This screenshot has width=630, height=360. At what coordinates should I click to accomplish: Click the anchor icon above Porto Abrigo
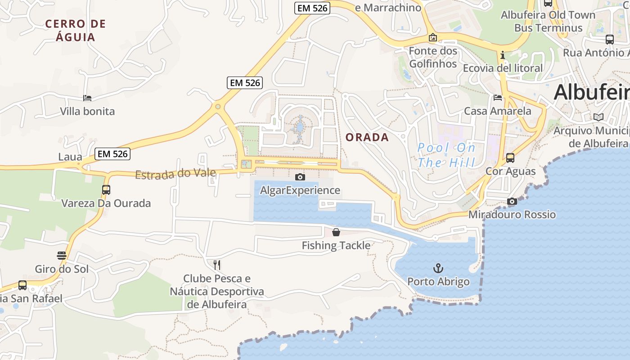pyautogui.click(x=438, y=269)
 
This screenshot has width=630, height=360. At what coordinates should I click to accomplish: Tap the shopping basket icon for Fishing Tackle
pyautogui.click(x=336, y=232)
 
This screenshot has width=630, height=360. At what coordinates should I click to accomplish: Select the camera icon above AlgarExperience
pyautogui.click(x=300, y=177)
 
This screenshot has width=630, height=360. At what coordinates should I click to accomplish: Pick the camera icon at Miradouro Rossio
pyautogui.click(x=512, y=201)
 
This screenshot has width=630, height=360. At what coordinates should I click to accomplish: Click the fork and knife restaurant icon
pyautogui.click(x=217, y=264)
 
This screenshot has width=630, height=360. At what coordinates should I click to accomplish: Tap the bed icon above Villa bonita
pyautogui.click(x=87, y=98)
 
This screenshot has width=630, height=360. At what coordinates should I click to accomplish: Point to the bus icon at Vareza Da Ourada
pyautogui.click(x=106, y=190)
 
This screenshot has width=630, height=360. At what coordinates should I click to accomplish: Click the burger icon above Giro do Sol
pyautogui.click(x=62, y=256)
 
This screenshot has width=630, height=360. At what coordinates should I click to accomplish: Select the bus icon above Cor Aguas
pyautogui.click(x=510, y=158)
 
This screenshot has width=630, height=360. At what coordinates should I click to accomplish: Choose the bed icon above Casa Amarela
pyautogui.click(x=498, y=97)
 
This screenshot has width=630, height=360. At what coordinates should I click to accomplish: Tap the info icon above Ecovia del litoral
pyautogui.click(x=503, y=55)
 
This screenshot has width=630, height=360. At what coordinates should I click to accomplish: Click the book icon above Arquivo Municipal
pyautogui.click(x=598, y=117)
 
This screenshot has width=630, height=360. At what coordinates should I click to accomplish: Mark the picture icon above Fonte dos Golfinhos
pyautogui.click(x=433, y=37)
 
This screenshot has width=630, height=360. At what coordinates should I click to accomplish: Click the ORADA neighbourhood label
pyautogui.click(x=367, y=137)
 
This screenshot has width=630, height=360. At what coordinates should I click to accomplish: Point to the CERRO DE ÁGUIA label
pyautogui.click(x=76, y=30)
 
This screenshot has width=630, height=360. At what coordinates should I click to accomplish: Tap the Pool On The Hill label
pyautogui.click(x=446, y=154)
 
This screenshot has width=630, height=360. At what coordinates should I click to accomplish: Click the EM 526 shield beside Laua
pyautogui.click(x=113, y=154)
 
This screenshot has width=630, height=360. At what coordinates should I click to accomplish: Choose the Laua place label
pyautogui.click(x=70, y=157)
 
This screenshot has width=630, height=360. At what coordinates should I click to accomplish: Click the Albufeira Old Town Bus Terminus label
pyautogui.click(x=548, y=21)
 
